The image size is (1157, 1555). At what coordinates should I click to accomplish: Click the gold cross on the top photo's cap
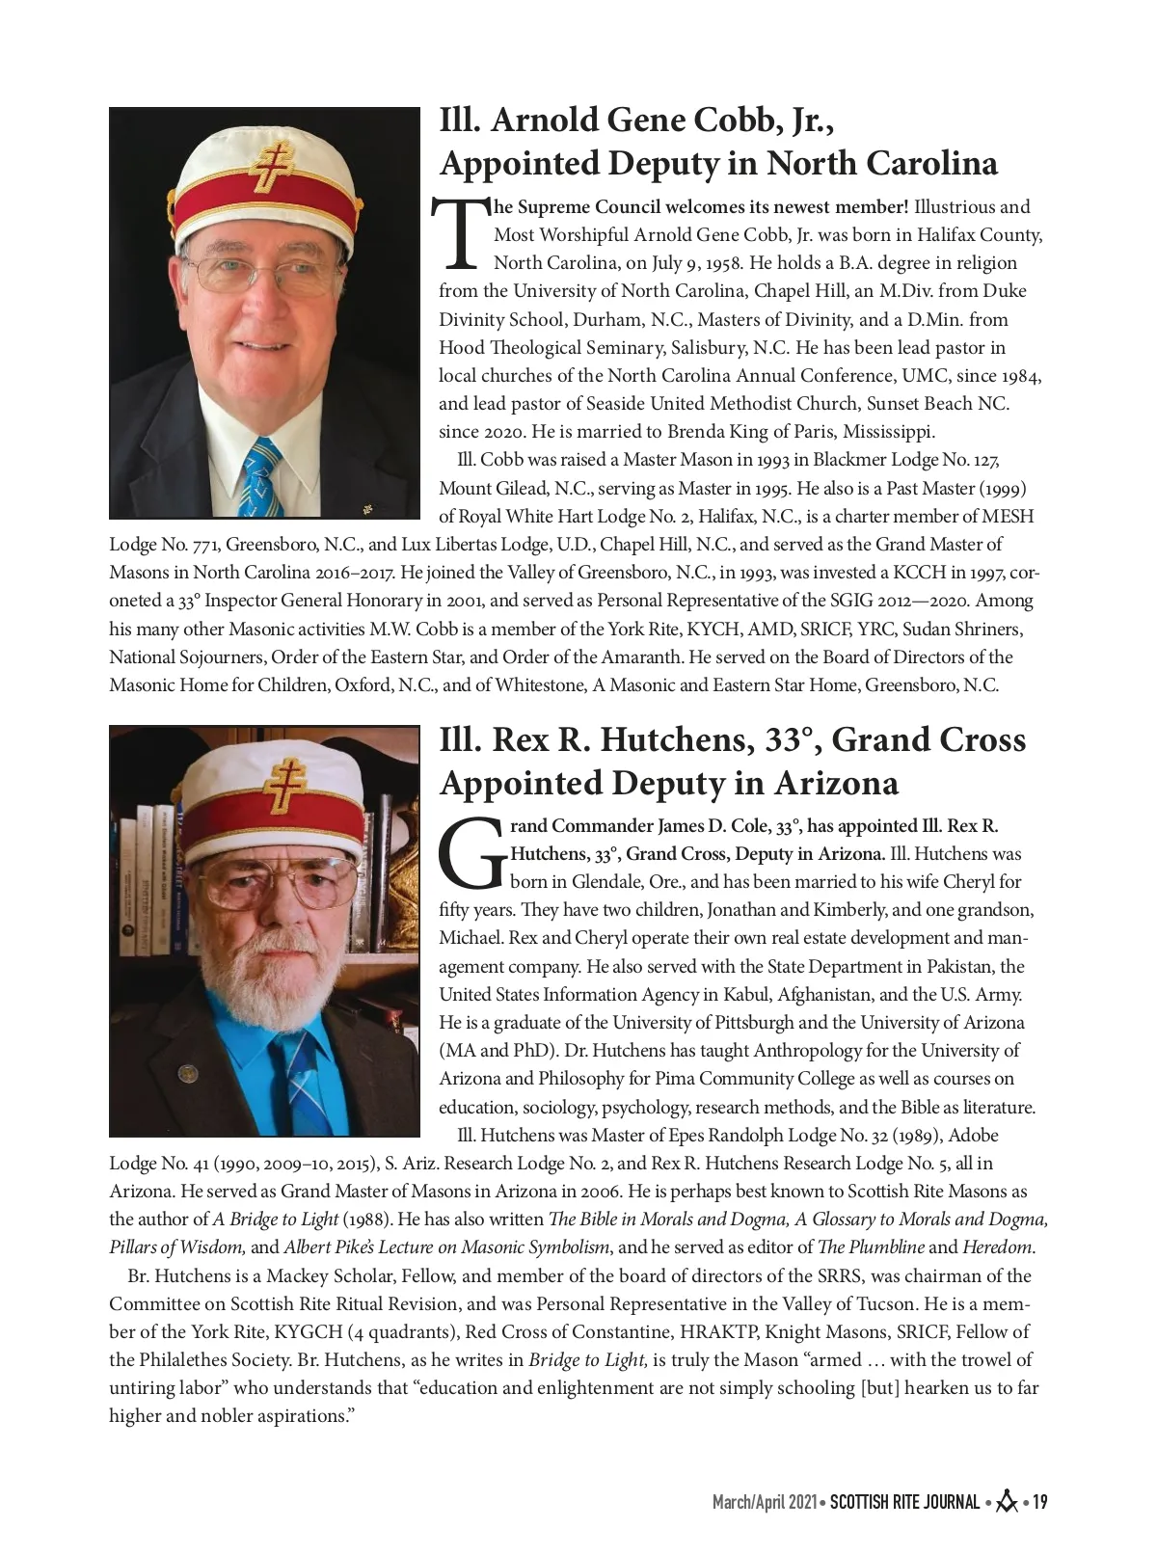273,168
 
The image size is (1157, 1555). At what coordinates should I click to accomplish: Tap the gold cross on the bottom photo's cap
284,785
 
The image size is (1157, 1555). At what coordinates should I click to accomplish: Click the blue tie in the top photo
260,477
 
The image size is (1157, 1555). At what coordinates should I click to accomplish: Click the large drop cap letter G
471,854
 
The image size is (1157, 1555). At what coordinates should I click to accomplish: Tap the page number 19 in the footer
1039,1502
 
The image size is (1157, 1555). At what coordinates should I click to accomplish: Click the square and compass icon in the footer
1007,1501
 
